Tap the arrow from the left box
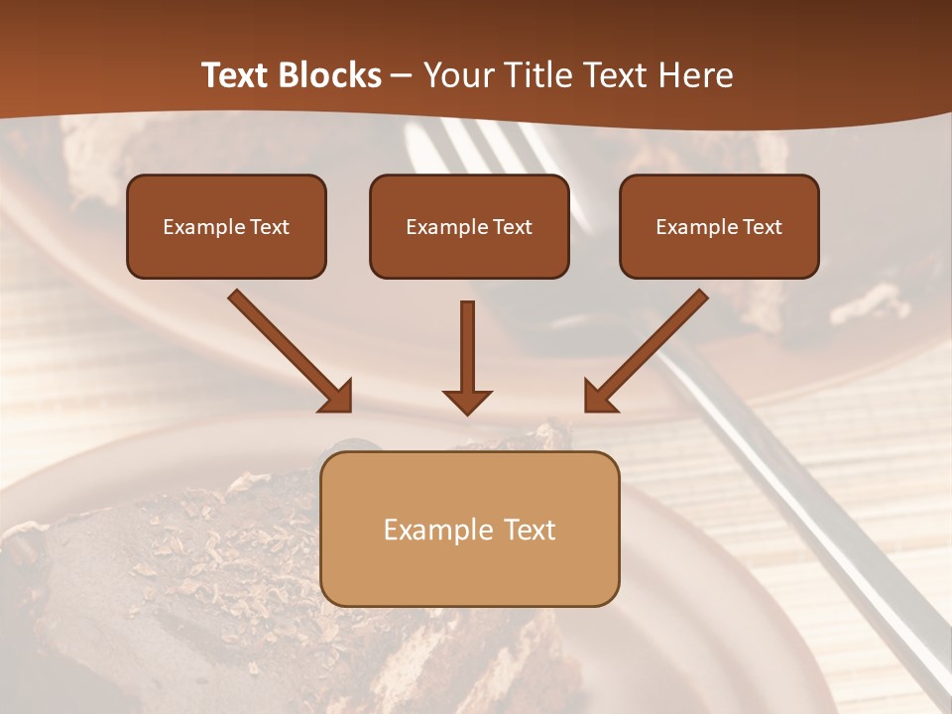(289, 350)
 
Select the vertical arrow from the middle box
(467, 352)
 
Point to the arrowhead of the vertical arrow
(467, 401)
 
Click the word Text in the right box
(762, 227)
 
